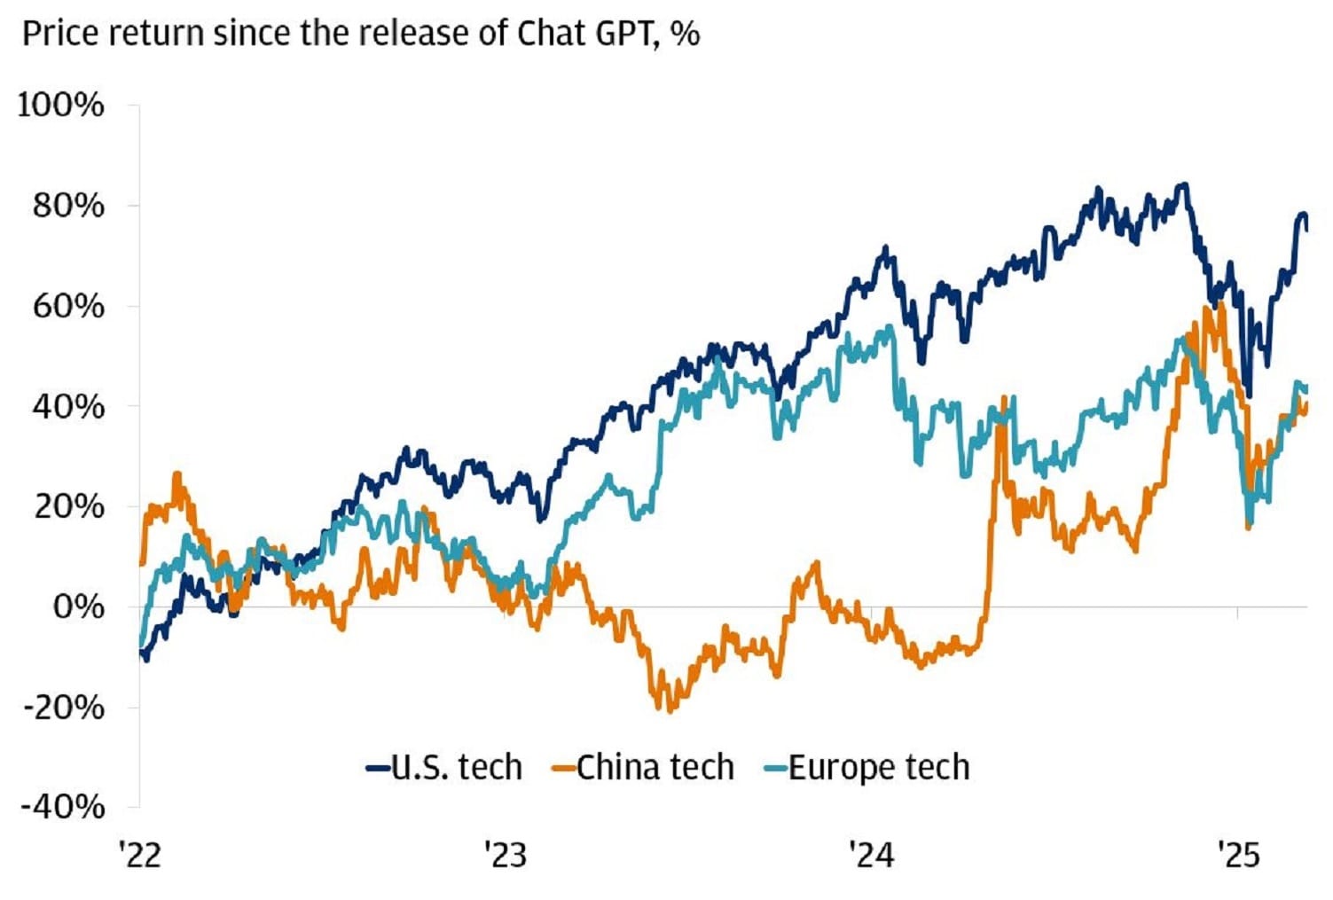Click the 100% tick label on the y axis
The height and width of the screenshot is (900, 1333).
point(60,106)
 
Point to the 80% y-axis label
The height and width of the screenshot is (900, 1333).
point(68,206)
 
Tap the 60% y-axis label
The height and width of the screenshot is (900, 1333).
point(68,306)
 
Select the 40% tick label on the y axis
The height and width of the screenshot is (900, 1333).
point(68,407)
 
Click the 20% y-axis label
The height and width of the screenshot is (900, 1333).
point(68,507)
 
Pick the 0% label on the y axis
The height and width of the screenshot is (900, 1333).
point(78,607)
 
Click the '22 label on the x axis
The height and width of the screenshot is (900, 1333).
point(140,856)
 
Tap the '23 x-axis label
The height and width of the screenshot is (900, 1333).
point(506,856)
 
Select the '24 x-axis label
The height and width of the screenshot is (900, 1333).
point(872,856)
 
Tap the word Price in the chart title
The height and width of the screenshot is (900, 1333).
point(55,34)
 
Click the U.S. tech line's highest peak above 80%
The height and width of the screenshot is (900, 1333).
point(1183,185)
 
